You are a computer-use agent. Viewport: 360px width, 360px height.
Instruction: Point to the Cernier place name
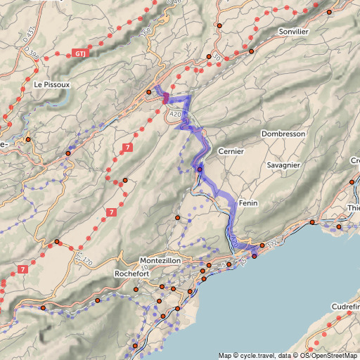click(231, 151)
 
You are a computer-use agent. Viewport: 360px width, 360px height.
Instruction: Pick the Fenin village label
click(250, 202)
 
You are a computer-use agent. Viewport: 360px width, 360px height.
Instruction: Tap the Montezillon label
click(161, 260)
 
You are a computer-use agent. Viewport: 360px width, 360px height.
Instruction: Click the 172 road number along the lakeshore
click(271, 243)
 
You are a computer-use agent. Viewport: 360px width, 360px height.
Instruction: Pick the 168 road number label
click(145, 33)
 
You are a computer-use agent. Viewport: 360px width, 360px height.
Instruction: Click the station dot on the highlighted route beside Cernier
click(200, 169)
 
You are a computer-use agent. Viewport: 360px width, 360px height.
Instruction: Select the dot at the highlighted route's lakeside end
click(255, 255)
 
